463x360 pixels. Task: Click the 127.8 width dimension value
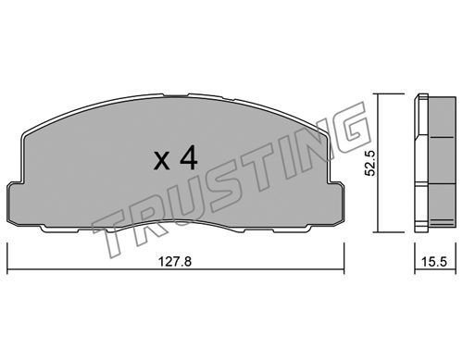[x=175, y=262]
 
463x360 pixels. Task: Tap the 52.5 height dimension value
[x=369, y=163]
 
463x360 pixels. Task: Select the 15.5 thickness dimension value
[x=434, y=262]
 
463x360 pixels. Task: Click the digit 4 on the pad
[x=189, y=158]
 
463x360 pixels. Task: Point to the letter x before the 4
[x=162, y=161]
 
